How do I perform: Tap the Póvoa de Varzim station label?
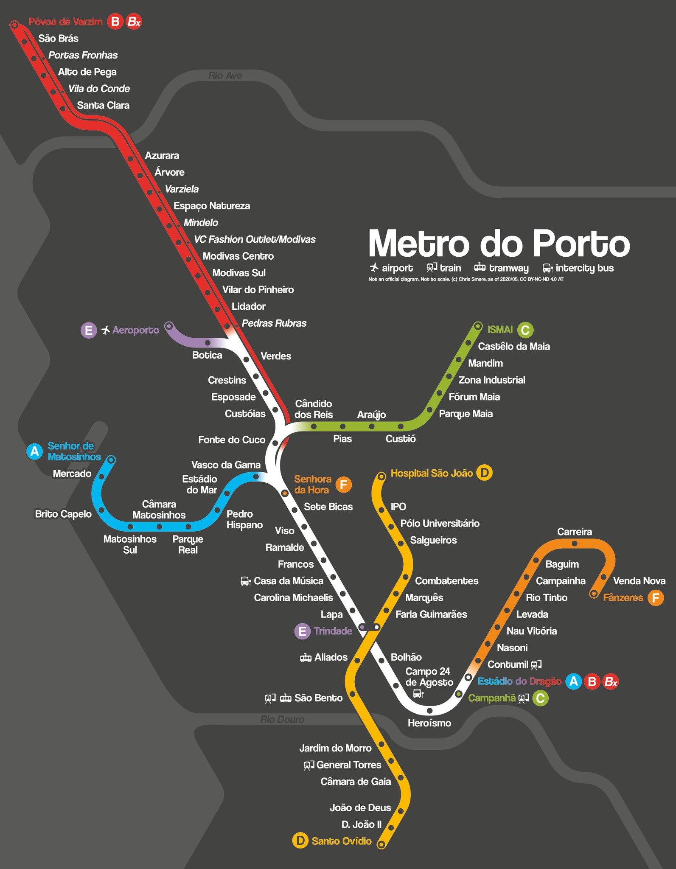point(65,22)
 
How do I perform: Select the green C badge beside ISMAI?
point(525,330)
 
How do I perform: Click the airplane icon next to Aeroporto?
point(106,330)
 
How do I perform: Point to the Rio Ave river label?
point(225,76)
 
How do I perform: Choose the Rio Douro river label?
point(282,719)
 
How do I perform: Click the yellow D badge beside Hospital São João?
point(484,473)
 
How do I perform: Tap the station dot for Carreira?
point(574,544)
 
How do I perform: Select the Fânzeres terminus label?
point(623,597)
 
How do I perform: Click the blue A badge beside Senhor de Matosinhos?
point(34,451)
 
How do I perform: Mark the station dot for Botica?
point(208,342)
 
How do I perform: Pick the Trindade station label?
point(333,631)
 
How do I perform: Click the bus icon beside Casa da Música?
point(245,581)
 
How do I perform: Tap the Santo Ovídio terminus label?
point(342,841)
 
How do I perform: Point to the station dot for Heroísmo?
point(429,710)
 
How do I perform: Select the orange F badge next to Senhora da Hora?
point(343,485)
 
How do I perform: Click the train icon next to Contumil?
point(536,664)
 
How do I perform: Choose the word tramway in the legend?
point(508,268)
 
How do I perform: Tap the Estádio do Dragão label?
point(519,681)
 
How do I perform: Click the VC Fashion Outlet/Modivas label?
point(255,239)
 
